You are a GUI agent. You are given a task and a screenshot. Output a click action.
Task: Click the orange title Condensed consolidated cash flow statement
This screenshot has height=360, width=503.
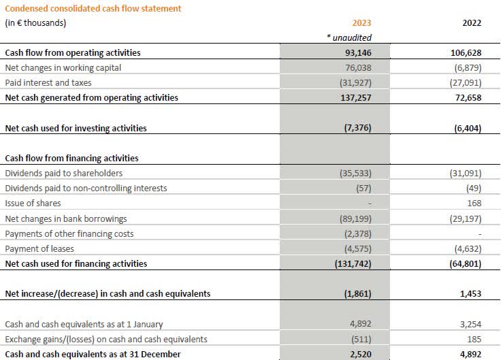click(93, 8)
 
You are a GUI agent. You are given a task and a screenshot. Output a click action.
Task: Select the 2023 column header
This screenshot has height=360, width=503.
click(361, 22)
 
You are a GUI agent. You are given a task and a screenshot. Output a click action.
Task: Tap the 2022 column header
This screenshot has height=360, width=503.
click(471, 22)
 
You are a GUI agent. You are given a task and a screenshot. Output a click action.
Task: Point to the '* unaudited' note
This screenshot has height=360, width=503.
click(350, 38)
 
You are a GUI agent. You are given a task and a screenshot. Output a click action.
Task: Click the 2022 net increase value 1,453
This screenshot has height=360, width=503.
click(470, 293)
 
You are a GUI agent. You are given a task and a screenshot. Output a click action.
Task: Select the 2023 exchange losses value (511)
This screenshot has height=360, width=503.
click(360, 339)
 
